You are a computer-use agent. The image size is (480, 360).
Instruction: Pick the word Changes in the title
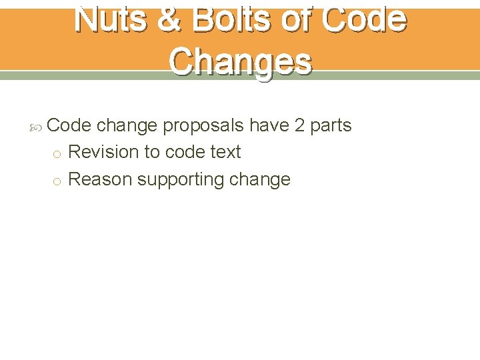tap(240, 61)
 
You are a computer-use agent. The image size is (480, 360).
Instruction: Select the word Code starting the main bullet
tap(69, 125)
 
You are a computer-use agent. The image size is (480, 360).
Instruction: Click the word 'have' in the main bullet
tap(269, 125)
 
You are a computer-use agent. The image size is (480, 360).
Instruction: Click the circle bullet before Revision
tap(57, 153)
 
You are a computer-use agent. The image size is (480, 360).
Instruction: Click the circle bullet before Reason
tap(57, 181)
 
